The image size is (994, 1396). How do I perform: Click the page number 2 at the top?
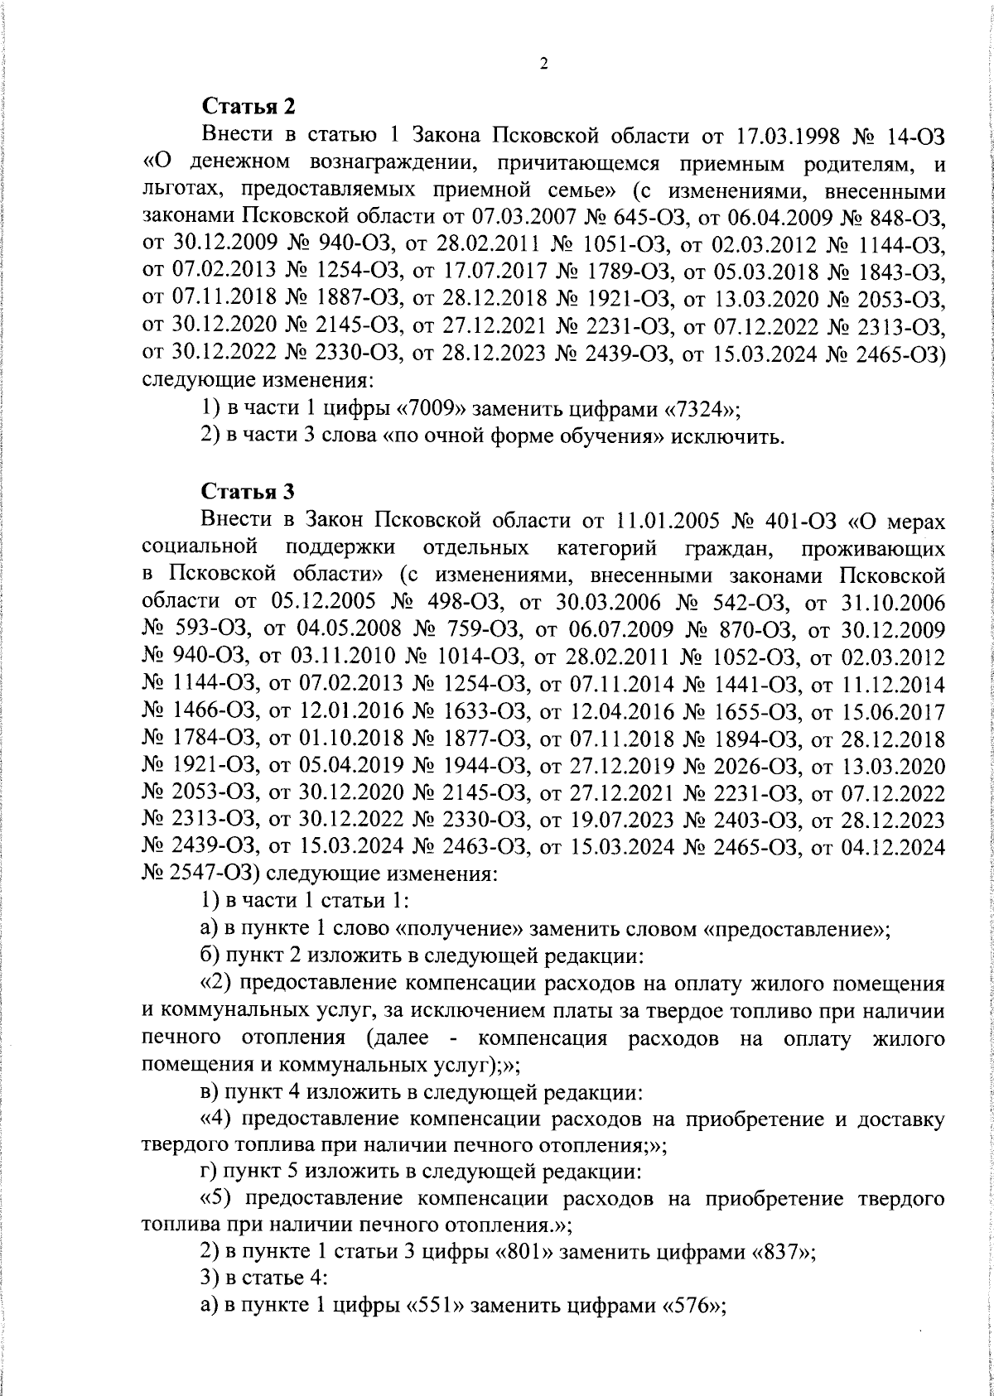pos(544,65)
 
